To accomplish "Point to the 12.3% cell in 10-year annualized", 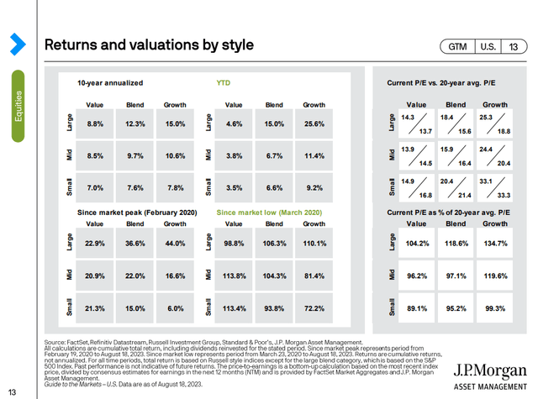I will (x=134, y=124).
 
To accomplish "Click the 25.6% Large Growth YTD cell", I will (x=314, y=124).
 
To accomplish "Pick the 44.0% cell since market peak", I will (x=175, y=244).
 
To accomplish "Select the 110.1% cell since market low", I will (x=314, y=244).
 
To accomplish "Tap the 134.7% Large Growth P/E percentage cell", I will (x=495, y=244).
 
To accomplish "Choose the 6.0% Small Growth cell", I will (x=175, y=308).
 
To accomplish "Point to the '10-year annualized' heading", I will (x=109, y=84).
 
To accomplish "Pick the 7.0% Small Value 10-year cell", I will (x=94, y=188).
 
